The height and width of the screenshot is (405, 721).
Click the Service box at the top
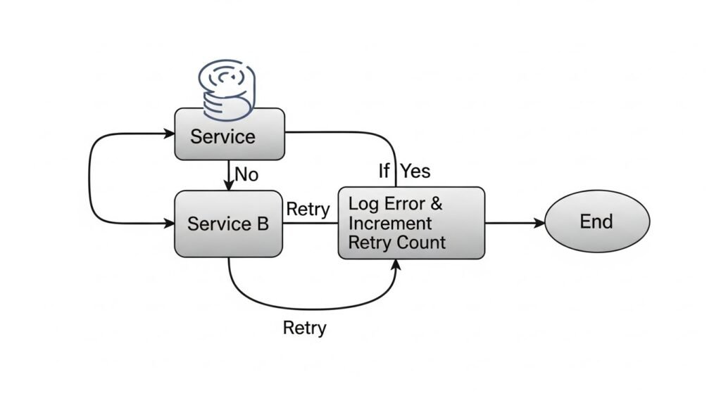coord(230,134)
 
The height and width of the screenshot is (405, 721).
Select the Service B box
coord(229,224)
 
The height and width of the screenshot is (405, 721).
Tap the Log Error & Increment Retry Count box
coord(411,223)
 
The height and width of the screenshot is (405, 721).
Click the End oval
coord(596,222)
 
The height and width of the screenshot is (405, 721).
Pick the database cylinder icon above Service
coord(226,89)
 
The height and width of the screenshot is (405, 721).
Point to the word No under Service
coord(246,174)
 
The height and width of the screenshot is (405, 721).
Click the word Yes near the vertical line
coord(415,171)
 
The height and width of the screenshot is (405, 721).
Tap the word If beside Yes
coord(384,171)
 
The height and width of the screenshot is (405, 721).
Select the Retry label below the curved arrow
coord(304,328)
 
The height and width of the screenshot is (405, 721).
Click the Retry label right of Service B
coord(308,209)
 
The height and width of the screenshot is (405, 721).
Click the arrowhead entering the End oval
coord(540,223)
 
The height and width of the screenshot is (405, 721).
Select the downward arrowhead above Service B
coord(229,185)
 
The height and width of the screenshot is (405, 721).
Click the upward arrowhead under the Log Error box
coord(397,264)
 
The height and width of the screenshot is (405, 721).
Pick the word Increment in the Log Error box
coord(390,224)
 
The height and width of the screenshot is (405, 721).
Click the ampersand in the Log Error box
coord(437,205)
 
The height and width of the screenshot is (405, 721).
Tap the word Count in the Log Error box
coord(420,243)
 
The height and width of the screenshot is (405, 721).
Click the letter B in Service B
coord(263,224)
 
